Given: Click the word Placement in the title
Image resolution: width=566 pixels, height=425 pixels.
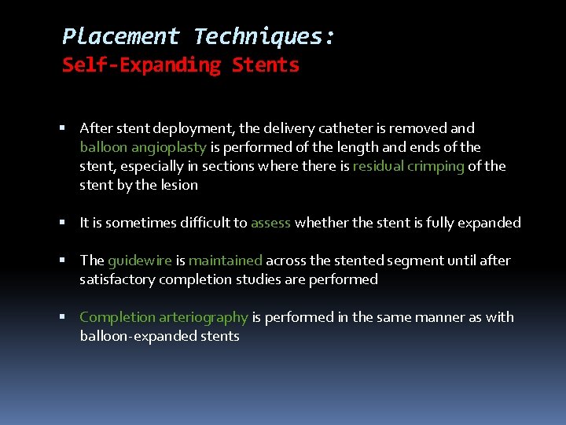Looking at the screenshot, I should click(121, 36).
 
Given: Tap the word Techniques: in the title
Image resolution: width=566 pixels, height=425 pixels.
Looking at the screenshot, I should click(265, 36).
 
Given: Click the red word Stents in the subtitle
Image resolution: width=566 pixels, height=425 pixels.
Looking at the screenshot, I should click(266, 65).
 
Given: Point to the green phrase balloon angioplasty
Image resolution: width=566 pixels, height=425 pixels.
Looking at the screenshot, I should click(143, 147).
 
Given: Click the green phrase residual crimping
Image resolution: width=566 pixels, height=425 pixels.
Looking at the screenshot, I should click(409, 166).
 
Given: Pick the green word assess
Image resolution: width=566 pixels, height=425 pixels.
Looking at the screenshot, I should click(271, 223).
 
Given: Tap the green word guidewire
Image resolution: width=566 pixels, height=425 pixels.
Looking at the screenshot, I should click(140, 261).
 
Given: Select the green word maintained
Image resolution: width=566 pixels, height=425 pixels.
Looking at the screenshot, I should click(226, 261).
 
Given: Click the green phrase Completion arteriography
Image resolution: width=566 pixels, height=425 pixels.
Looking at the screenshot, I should click(164, 317).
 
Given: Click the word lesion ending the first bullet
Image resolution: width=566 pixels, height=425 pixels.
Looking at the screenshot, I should click(180, 185).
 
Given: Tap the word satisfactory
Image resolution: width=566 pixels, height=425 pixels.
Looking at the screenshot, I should click(115, 279).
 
